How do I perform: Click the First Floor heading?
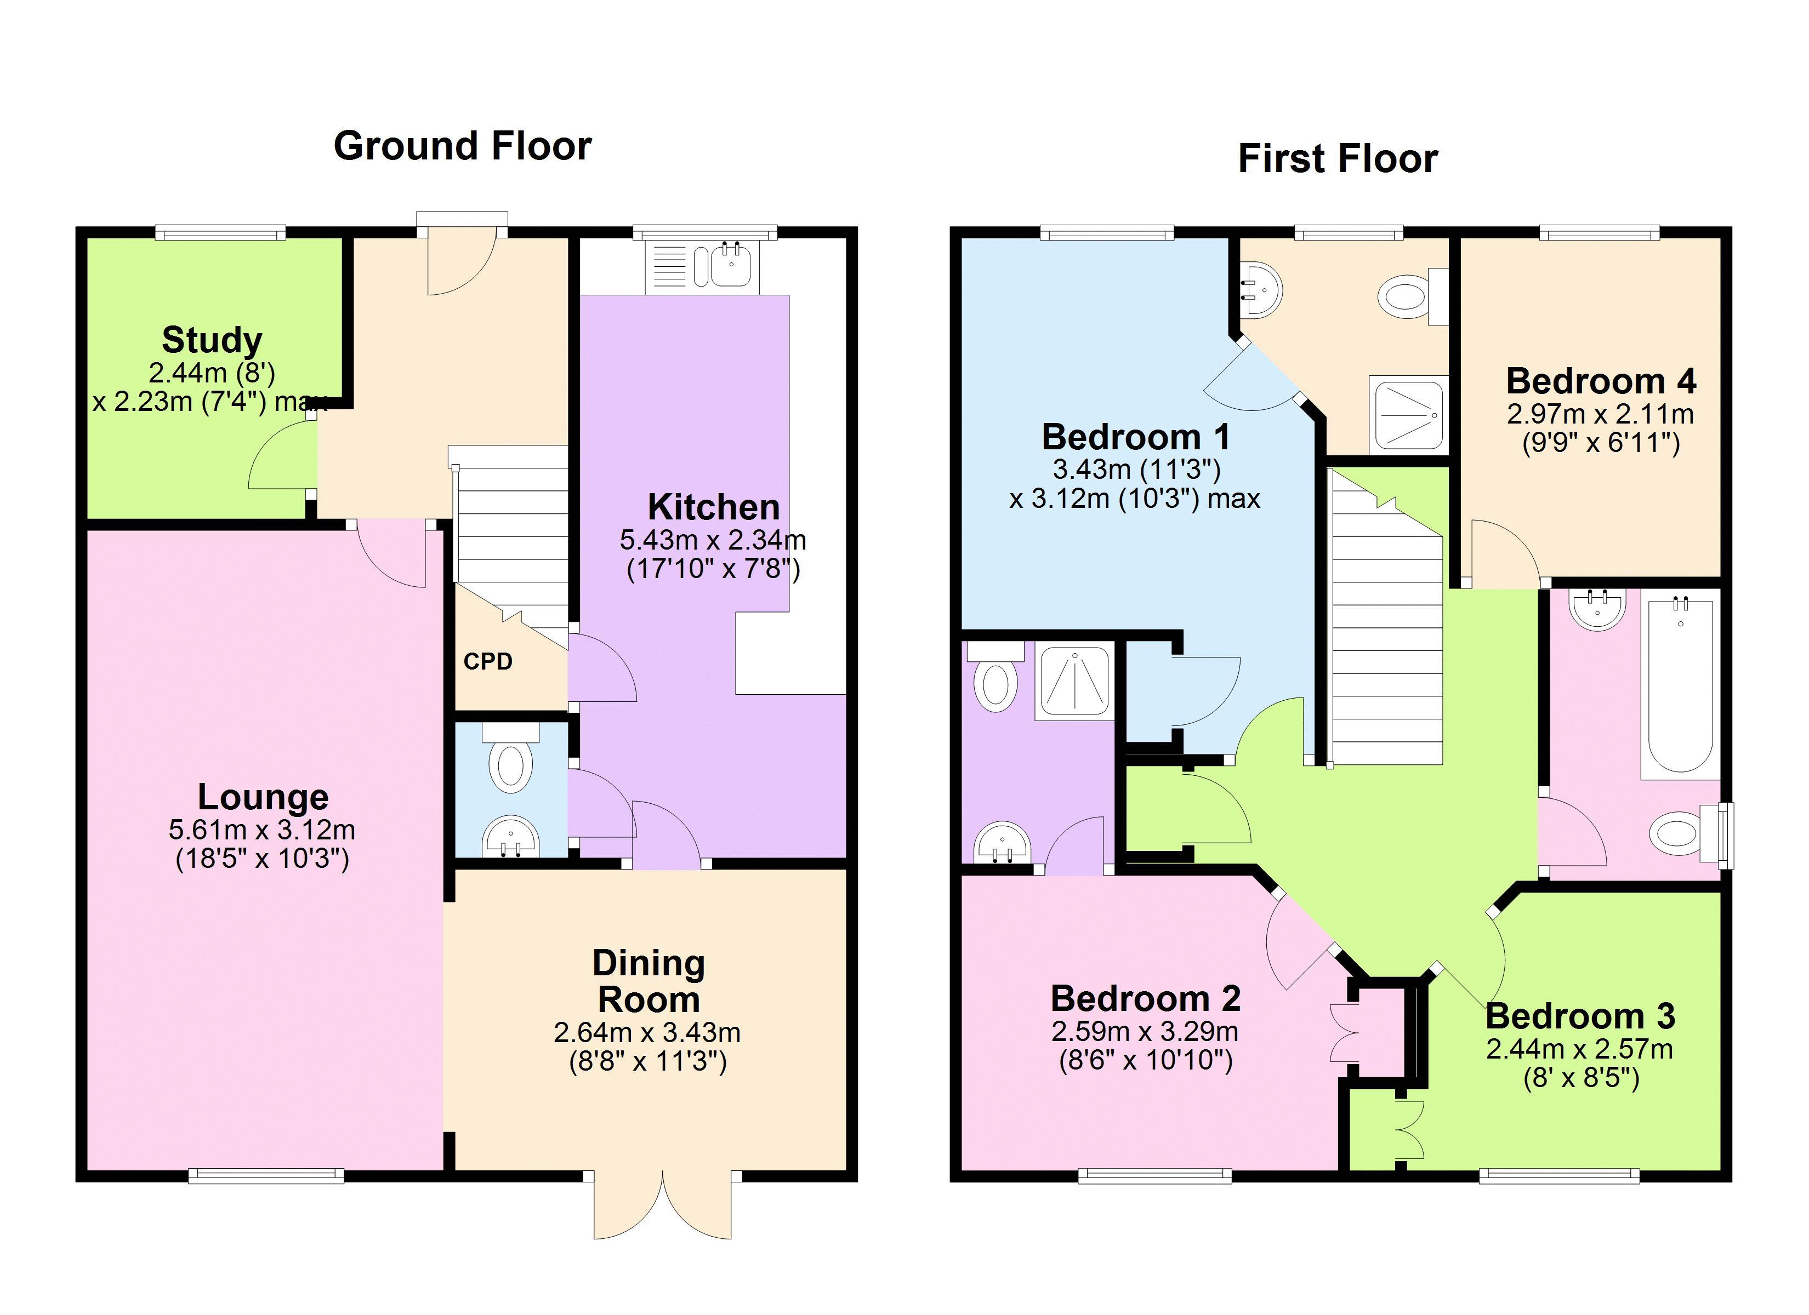1338,159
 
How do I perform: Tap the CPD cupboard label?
487,661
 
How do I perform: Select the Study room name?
212,340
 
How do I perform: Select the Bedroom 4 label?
1601,381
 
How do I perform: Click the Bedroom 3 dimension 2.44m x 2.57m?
1580,1049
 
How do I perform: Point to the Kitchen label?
713,507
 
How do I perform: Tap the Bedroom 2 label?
1145,998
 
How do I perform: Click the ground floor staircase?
510,542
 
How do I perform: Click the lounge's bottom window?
266,1175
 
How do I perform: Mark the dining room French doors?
663,1205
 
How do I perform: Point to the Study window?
220,233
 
